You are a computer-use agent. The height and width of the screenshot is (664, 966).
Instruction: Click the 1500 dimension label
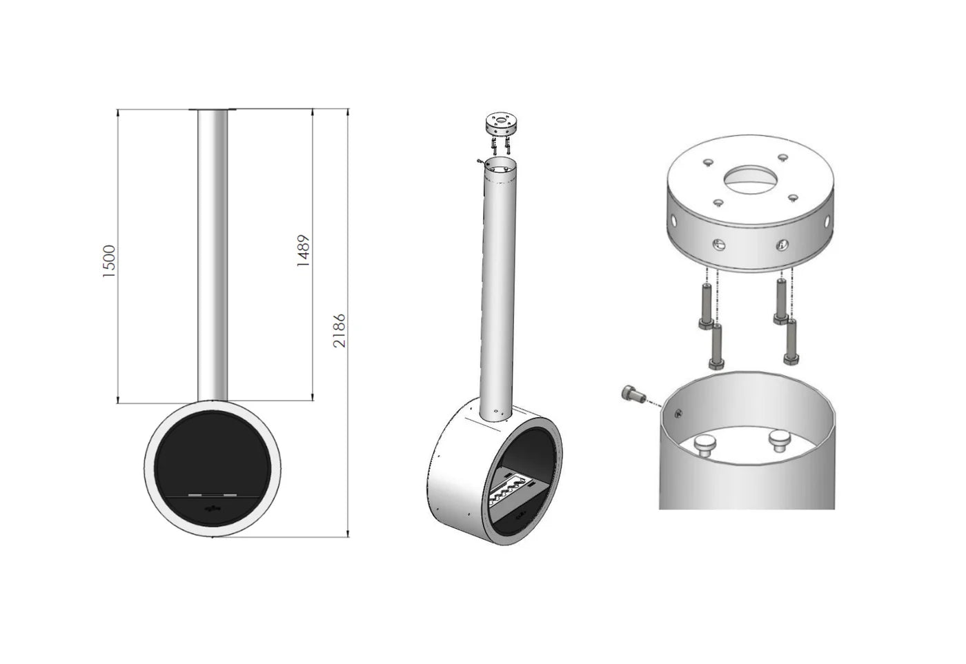(110, 261)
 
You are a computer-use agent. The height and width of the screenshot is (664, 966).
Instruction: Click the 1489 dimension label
(304, 251)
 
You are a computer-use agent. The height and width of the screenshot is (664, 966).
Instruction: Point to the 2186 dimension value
(339, 331)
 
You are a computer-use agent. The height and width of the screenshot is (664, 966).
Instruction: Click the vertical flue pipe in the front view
(213, 255)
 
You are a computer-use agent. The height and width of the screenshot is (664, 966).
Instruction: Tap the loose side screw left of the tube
(633, 394)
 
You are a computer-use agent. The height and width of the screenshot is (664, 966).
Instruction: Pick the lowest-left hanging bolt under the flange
(716, 346)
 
